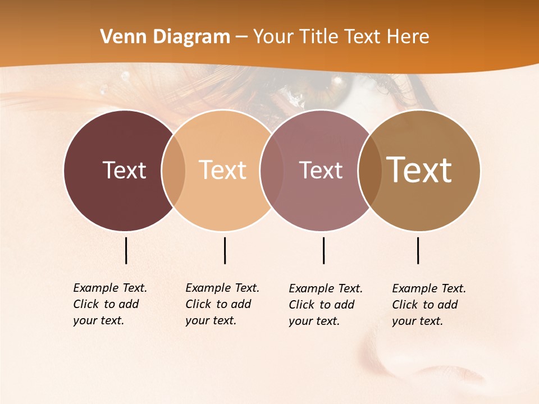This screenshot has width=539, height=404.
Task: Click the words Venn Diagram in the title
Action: pyautogui.click(x=165, y=37)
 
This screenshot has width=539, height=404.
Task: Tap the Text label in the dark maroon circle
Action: pyautogui.click(x=124, y=170)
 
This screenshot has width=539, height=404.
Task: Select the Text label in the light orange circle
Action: pyautogui.click(x=222, y=170)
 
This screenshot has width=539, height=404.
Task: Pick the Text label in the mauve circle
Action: pyautogui.click(x=321, y=170)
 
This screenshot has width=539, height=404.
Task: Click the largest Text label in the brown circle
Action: pyautogui.click(x=419, y=169)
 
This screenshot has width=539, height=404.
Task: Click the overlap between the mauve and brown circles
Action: pyautogui.click(x=370, y=170)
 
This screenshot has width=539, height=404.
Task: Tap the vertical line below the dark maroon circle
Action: pyautogui.click(x=126, y=250)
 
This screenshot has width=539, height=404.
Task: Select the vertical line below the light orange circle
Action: pyautogui.click(x=225, y=250)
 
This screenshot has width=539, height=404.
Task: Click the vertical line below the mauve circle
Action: pyautogui.click(x=323, y=250)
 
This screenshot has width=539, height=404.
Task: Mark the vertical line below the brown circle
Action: pyautogui.click(x=418, y=250)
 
